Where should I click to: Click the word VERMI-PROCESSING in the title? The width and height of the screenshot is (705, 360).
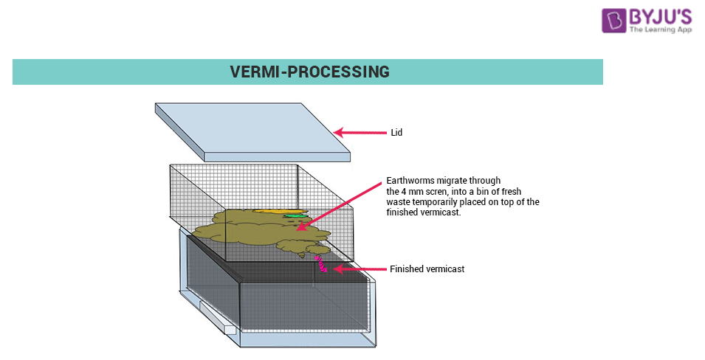pos(309,72)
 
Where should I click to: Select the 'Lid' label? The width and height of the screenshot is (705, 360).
pos(396,133)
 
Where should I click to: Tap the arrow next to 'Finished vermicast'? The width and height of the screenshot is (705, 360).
pos(357,269)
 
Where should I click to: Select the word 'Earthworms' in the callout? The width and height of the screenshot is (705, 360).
pos(406,181)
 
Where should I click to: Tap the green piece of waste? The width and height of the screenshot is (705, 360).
pos(295,215)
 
